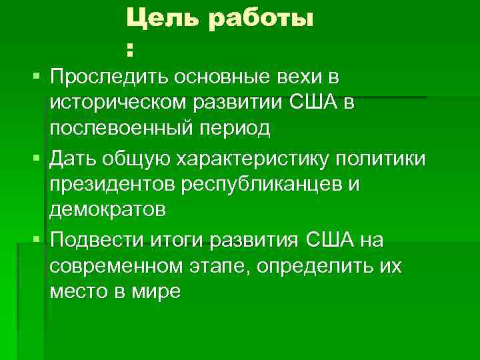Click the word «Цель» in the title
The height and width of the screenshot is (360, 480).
point(163,20)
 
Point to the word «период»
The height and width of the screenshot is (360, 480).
point(237,129)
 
